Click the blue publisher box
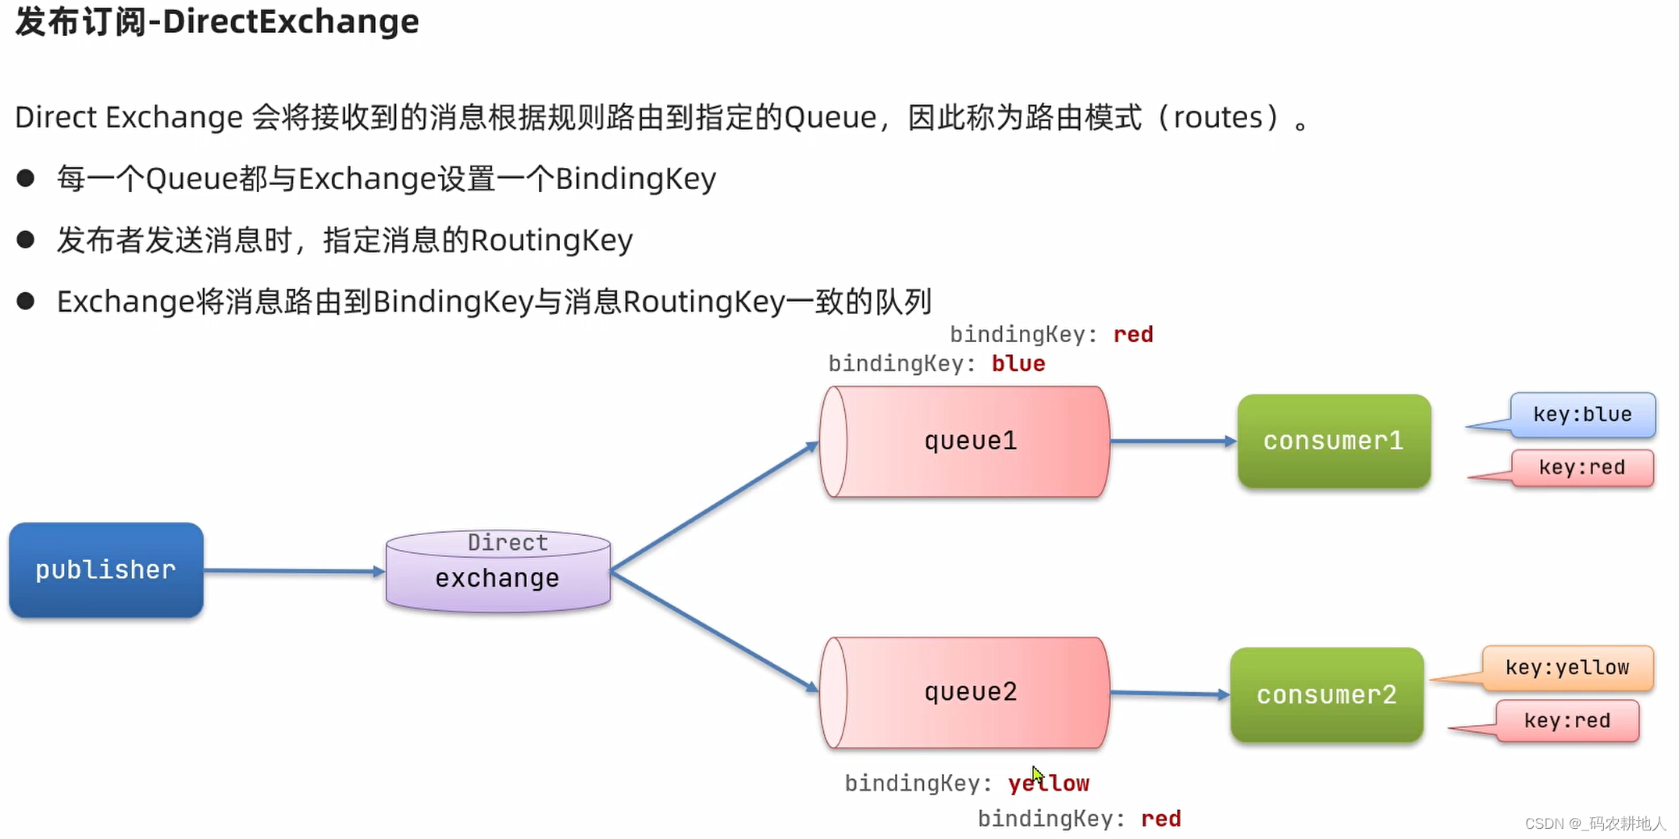(106, 570)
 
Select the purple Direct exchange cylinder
(498, 572)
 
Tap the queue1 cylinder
(965, 441)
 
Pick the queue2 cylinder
(965, 693)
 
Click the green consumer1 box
(1334, 441)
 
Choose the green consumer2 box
(1327, 694)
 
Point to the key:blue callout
(1582, 415)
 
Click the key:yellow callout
(1567, 668)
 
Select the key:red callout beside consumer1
(1582, 468)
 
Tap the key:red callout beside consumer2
(1567, 720)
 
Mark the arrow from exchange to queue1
(715, 507)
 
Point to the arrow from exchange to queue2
(715, 632)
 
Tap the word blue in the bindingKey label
(1018, 364)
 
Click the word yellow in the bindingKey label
(1049, 784)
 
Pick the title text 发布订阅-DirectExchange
(217, 22)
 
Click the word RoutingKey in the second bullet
(552, 241)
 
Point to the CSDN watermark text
(1595, 823)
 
